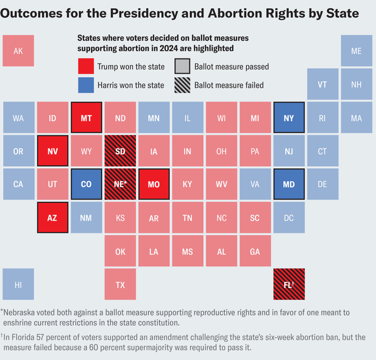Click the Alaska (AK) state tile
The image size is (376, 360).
pos(18,51)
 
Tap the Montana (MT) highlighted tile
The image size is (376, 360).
pos(86,118)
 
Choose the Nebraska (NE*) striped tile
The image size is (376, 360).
pos(120,184)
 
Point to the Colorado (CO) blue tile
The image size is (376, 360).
pos(86,184)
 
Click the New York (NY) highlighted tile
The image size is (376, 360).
pos(289,118)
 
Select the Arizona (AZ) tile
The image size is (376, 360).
pos(52,218)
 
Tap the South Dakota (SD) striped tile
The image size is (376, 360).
pos(120,151)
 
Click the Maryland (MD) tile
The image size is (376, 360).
pos(289,184)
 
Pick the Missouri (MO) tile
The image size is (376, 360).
pos(154,184)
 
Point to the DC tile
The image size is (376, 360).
pos(289,218)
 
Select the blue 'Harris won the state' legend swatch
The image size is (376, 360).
pos(85,85)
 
